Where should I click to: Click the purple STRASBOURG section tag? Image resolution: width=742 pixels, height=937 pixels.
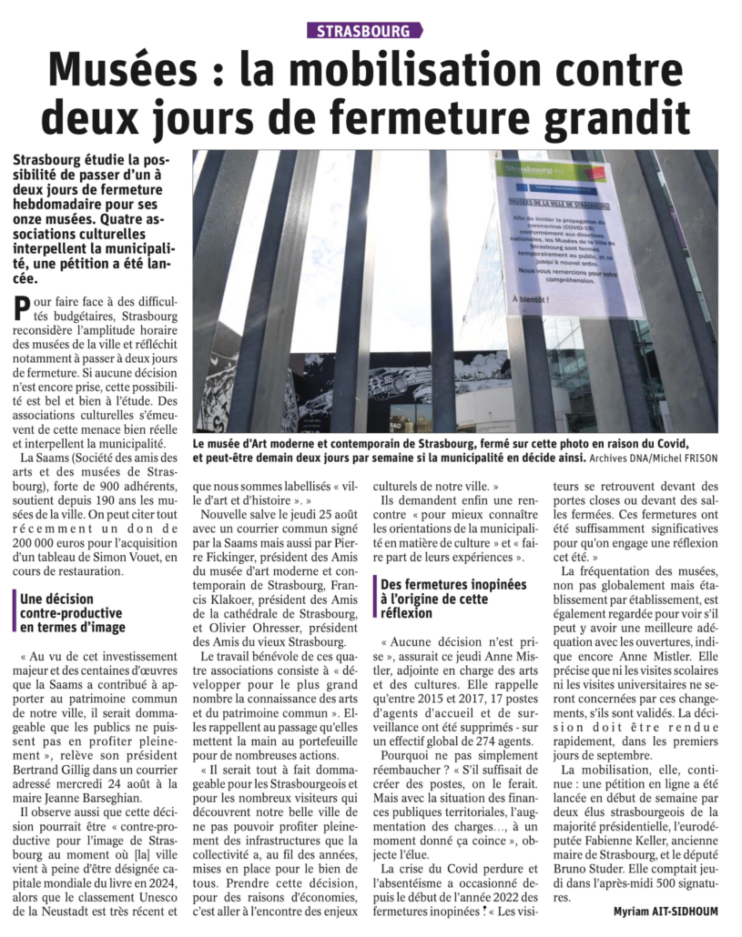(x=364, y=30)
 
